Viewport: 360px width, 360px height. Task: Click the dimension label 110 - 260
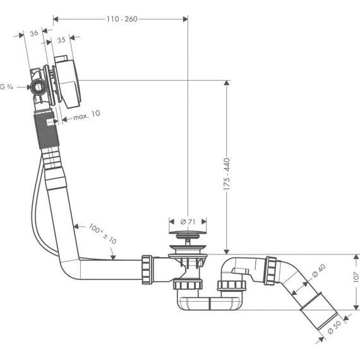coord(121,19)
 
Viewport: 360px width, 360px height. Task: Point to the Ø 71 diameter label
coord(186,222)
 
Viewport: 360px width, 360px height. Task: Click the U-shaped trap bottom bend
coord(208,306)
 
